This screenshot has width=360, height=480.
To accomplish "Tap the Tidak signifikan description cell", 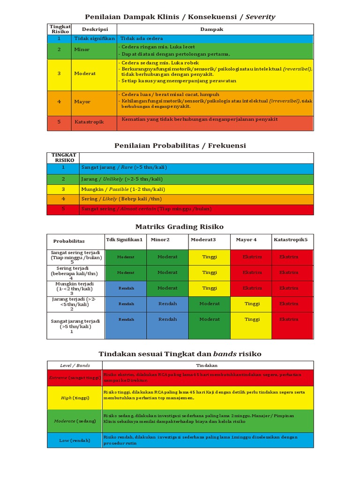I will (94, 38).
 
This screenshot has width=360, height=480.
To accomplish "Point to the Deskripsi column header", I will (95, 29).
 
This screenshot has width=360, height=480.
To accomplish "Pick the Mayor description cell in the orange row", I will (82, 101).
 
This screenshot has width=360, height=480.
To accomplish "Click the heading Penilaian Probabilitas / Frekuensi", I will (180, 145).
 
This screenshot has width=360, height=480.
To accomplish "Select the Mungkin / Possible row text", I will (123, 189).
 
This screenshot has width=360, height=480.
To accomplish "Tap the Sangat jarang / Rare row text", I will (124, 167).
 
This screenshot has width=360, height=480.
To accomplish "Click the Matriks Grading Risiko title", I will (180, 226).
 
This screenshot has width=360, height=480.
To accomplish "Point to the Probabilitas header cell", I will (69, 241).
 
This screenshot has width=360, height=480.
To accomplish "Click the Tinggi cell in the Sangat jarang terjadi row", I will (252, 319).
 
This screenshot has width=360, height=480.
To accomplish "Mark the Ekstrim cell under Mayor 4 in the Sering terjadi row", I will (252, 272).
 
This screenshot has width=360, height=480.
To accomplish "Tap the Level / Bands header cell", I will (75, 365).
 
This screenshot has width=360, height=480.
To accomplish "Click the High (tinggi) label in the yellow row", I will (75, 397).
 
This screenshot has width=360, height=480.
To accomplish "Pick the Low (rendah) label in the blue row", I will (75, 440).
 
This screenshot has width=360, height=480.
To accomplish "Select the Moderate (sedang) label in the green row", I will (75, 421).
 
